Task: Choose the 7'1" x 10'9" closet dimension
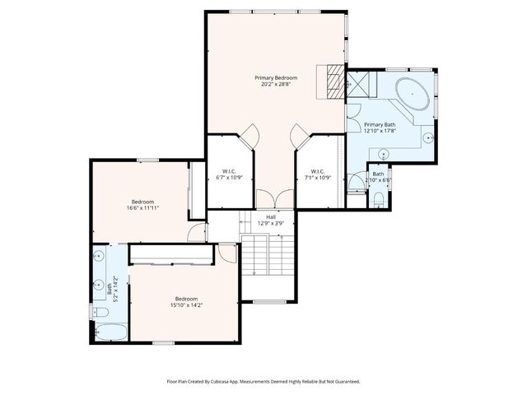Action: tap(318, 177)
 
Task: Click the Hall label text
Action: tap(271, 216)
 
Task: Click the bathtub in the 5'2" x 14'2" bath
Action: tap(110, 332)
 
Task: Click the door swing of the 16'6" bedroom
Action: tap(195, 233)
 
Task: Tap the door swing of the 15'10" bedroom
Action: tap(228, 253)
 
